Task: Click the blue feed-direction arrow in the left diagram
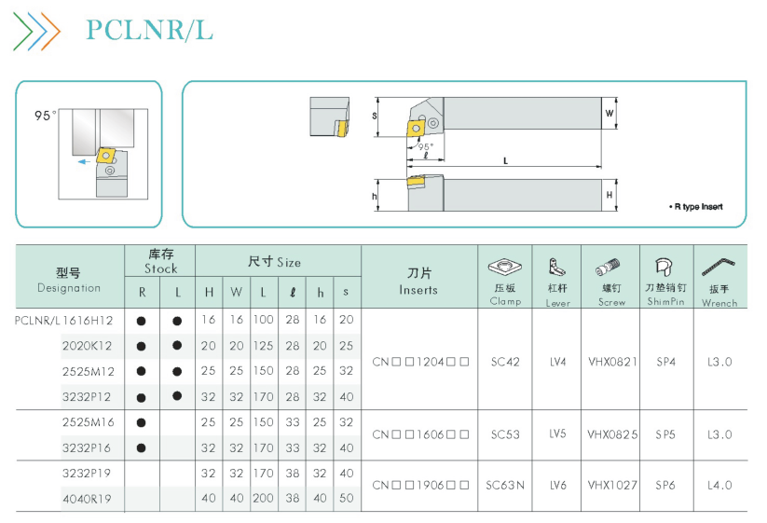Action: tap(84, 161)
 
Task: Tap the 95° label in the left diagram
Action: tap(45, 116)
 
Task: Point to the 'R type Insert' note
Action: tap(695, 206)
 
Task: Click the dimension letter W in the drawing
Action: tap(609, 113)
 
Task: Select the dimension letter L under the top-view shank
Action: tap(505, 160)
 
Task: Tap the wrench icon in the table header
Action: tap(719, 268)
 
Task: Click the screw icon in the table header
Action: tap(608, 268)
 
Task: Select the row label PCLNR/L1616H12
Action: tap(63, 321)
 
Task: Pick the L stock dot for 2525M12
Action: tap(177, 372)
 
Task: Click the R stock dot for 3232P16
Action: tap(142, 447)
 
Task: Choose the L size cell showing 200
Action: tap(263, 498)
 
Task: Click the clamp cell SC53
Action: tap(505, 434)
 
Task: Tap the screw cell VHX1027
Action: tap(612, 486)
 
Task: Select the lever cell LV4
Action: tap(557, 362)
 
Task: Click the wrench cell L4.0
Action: tap(719, 486)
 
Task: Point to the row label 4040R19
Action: tap(87, 499)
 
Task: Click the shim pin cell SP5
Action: tap(665, 434)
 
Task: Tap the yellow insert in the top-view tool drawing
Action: tap(416, 128)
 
